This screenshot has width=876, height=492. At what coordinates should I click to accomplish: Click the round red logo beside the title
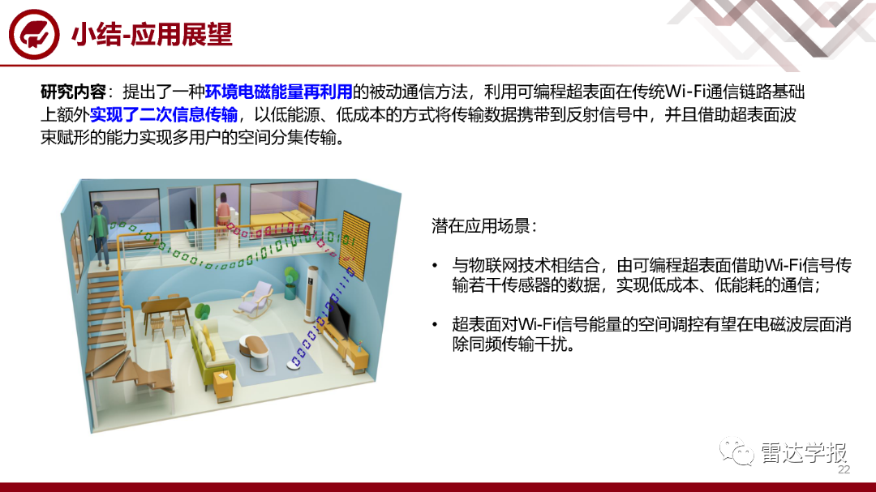tap(34, 35)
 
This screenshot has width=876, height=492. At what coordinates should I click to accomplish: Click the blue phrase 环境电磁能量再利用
tap(278, 92)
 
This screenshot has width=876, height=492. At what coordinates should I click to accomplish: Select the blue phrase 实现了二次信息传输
tap(164, 114)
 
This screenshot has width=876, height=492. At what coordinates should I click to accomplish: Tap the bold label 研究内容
tap(73, 92)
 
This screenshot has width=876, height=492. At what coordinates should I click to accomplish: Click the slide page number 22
tap(844, 469)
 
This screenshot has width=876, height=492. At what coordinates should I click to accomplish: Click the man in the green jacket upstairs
tap(100, 234)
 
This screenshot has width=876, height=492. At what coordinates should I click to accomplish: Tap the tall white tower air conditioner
tap(311, 294)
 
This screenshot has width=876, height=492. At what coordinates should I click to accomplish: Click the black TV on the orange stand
tap(339, 318)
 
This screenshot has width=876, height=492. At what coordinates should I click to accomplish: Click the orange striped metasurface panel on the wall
tap(355, 245)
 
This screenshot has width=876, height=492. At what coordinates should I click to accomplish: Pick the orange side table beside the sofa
tap(224, 384)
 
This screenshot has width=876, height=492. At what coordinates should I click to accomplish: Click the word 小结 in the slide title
tap(96, 35)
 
